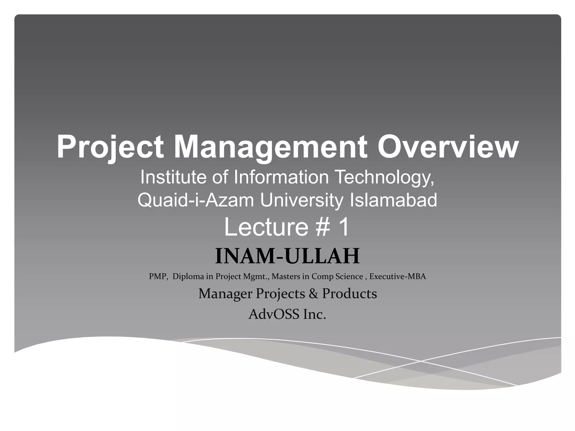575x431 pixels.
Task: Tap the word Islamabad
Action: (393, 200)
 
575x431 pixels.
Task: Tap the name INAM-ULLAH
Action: (287, 256)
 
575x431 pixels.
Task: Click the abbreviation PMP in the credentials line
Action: (158, 277)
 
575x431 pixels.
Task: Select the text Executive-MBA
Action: (398, 277)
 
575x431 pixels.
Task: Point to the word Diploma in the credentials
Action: (188, 277)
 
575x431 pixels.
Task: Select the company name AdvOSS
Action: (274, 314)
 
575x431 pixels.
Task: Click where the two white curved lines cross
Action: (420, 361)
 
